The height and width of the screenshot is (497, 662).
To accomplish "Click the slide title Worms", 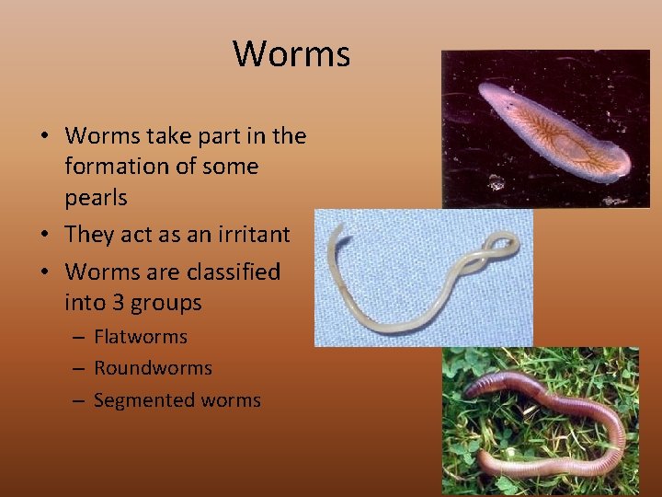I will click(x=291, y=53).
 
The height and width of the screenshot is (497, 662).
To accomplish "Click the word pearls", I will click(x=96, y=198).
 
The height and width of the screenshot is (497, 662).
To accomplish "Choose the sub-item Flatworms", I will click(x=140, y=337).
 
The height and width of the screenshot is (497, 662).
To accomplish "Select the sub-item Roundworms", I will click(x=153, y=368).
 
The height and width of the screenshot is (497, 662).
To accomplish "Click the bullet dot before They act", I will click(x=44, y=236).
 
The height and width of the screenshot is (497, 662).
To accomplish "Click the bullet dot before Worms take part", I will click(x=44, y=137).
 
